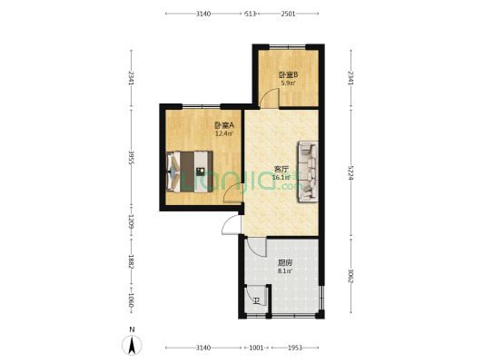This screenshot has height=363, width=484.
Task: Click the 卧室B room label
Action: (288, 74)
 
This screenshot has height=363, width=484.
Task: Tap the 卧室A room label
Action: (224, 125)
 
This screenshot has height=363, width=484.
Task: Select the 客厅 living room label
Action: (282, 169)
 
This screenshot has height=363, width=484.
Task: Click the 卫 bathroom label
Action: (255, 300)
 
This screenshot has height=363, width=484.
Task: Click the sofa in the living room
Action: (308, 169)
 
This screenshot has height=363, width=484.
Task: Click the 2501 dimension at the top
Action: (287, 14)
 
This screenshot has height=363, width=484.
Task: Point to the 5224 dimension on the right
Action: (351, 169)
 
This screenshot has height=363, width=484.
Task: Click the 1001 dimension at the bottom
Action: (256, 348)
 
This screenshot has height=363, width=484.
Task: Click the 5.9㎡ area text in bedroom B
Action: (287, 83)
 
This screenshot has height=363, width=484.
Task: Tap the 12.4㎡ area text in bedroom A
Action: (223, 134)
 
